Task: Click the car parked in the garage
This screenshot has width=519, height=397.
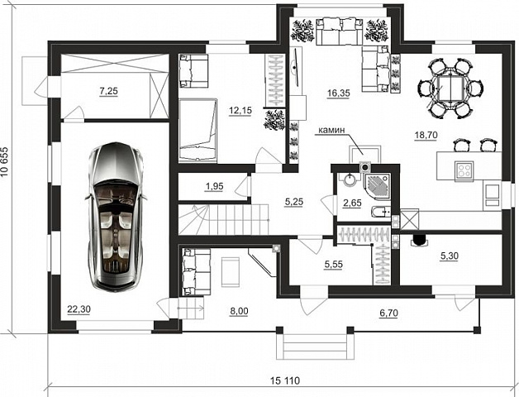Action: (x=116, y=217)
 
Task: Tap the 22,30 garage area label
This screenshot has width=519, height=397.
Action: (x=79, y=309)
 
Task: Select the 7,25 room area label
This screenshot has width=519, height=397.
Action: (x=108, y=90)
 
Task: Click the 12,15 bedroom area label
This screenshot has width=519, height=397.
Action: (x=240, y=110)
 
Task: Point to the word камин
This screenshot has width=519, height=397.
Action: (x=331, y=130)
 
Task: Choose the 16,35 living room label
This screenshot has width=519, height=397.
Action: (x=338, y=93)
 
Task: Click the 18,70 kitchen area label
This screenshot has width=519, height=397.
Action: (x=426, y=135)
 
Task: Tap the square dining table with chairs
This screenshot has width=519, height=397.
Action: (x=449, y=88)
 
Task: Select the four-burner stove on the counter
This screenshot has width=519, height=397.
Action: (x=464, y=170)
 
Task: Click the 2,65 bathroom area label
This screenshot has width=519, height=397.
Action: (x=352, y=203)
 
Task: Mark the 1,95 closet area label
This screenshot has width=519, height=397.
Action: (x=215, y=187)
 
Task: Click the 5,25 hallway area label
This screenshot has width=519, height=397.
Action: (x=294, y=202)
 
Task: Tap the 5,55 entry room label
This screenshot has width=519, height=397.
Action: (x=334, y=265)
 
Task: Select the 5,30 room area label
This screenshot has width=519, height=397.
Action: (x=449, y=256)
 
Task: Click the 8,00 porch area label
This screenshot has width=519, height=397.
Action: (x=239, y=311)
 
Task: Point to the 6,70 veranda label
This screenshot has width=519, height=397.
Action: (x=388, y=313)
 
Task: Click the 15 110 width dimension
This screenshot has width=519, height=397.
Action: (x=285, y=380)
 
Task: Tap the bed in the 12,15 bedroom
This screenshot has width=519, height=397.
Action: (x=198, y=131)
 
